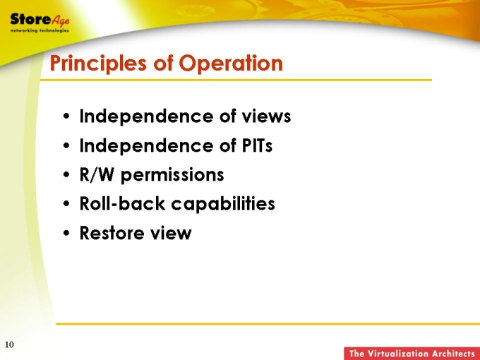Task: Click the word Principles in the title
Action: pos(98,64)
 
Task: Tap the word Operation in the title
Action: pos(231,63)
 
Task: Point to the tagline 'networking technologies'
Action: pos(40,30)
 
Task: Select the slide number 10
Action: pos(9,344)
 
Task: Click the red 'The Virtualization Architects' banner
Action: pos(412,354)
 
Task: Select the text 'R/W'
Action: pos(97,175)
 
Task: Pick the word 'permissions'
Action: pos(172,176)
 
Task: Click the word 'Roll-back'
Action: pos(122,203)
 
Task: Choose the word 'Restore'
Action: pos(112,233)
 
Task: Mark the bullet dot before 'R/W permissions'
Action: pos(66,175)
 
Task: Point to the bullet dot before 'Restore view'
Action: pos(66,233)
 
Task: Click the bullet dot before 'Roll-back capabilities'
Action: pos(66,204)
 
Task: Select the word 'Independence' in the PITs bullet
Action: pos(146,146)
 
